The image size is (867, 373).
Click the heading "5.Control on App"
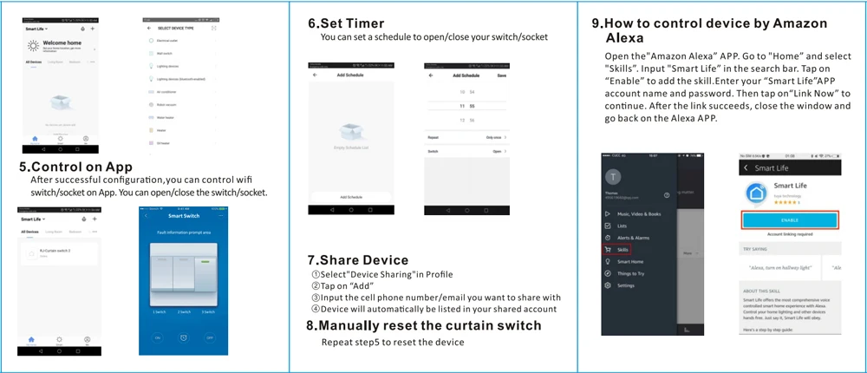click(75, 167)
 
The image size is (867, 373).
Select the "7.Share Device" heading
click(357, 260)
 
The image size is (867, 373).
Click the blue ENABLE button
click(790, 220)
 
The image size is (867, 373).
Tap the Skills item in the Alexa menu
click(623, 249)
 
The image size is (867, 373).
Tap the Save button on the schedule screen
click(501, 75)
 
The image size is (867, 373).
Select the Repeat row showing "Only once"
click(466, 138)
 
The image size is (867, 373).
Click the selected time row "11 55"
click(466, 106)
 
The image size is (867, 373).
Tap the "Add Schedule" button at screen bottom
click(350, 197)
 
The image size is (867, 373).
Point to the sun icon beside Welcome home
click(33, 44)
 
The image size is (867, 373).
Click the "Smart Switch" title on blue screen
click(184, 216)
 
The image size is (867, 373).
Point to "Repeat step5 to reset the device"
click(393, 342)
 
